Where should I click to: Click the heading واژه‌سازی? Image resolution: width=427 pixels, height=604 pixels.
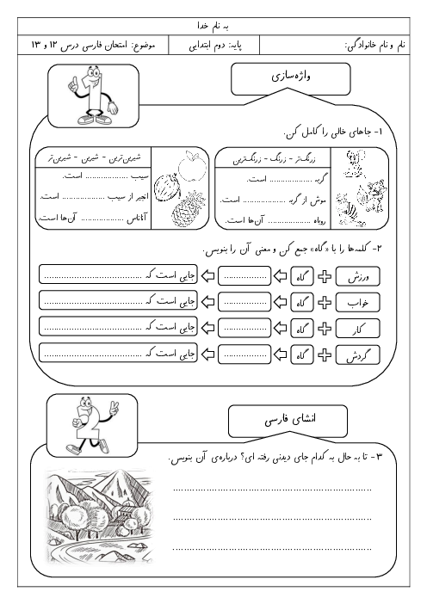(276, 79)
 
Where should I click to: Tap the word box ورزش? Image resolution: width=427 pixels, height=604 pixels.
(364, 278)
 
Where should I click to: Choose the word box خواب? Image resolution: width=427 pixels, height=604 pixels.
(364, 303)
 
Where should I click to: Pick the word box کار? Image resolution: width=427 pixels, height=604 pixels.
(364, 328)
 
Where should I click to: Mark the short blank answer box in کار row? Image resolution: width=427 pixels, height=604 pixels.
(245, 328)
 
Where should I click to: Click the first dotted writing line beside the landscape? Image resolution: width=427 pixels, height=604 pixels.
(271, 489)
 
